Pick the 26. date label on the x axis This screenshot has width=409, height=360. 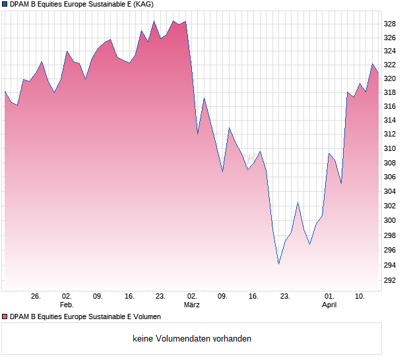(36, 297)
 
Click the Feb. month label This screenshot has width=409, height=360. (67, 305)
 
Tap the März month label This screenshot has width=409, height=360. (191, 305)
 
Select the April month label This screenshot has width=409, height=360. (329, 305)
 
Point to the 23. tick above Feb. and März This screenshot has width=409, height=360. (160, 297)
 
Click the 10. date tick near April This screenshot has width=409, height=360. (360, 297)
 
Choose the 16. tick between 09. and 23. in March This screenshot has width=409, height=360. (253, 297)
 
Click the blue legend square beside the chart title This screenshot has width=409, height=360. (5, 5)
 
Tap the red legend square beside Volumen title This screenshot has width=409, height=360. (5, 317)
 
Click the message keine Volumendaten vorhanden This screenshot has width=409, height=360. (191, 339)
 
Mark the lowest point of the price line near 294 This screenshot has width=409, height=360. (278, 264)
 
